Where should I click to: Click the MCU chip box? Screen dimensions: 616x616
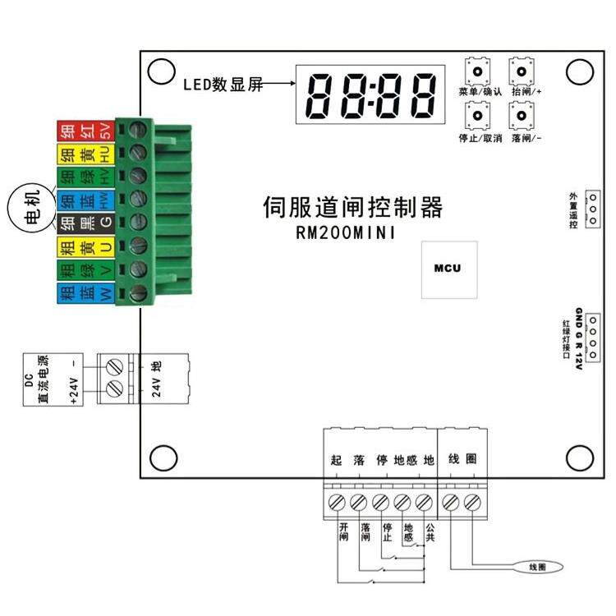(448, 269)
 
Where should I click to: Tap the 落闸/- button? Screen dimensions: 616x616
(521, 117)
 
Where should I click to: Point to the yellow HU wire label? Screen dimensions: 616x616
(84, 153)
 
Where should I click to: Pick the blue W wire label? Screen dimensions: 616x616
(84, 293)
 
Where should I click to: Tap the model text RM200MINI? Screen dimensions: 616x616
(346, 233)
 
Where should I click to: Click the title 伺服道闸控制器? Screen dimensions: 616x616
(353, 205)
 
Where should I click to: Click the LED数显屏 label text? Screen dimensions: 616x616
(223, 84)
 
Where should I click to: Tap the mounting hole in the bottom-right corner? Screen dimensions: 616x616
(580, 456)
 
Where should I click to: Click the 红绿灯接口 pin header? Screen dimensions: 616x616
(590, 336)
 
